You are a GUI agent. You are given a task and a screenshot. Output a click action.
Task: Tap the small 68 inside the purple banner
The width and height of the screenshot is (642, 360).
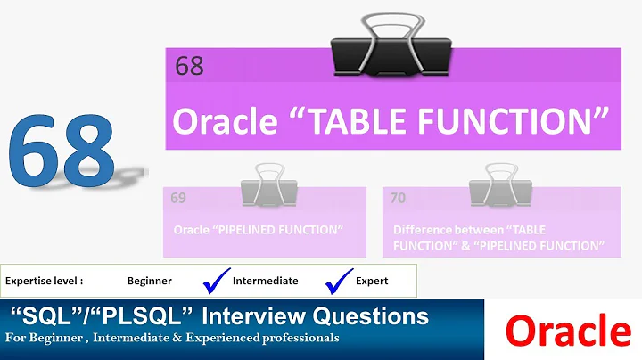pyautogui.click(x=189, y=67)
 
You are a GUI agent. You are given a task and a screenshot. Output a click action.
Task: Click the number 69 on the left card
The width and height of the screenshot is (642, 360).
pyautogui.click(x=178, y=198)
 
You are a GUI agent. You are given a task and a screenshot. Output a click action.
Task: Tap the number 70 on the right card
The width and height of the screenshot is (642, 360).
pyautogui.click(x=398, y=198)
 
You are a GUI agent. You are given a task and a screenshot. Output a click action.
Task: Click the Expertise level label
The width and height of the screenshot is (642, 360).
pyautogui.click(x=45, y=280)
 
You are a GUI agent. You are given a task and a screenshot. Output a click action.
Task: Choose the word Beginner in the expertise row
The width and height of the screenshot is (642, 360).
pyautogui.click(x=150, y=280)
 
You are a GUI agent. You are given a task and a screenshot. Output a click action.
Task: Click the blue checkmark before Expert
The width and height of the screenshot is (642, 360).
pyautogui.click(x=340, y=280)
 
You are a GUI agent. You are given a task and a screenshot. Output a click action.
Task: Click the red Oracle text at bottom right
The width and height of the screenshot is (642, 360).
pyautogui.click(x=569, y=331)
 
